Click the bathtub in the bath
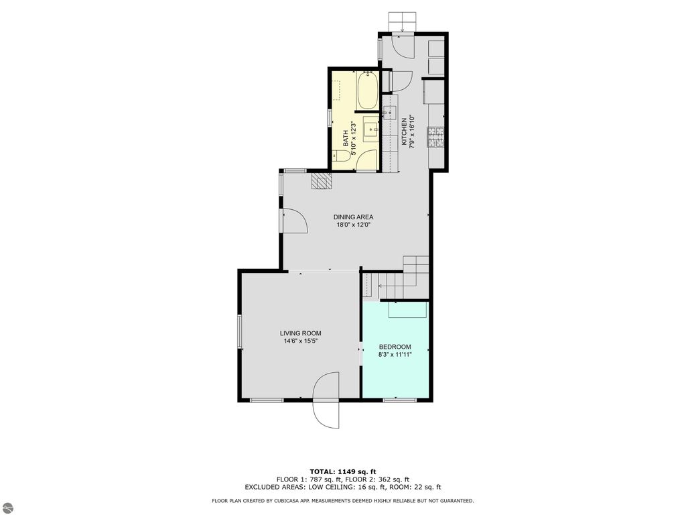coord(367,92)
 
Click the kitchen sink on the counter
coord(390,112)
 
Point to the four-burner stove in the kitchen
coord(437,137)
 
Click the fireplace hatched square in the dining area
coord(322,181)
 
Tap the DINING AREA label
coord(353,217)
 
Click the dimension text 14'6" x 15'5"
coord(300,341)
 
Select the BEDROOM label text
coord(395,347)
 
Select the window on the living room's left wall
coord(239,332)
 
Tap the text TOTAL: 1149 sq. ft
coord(342,471)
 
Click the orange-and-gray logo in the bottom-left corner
coord(7,507)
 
